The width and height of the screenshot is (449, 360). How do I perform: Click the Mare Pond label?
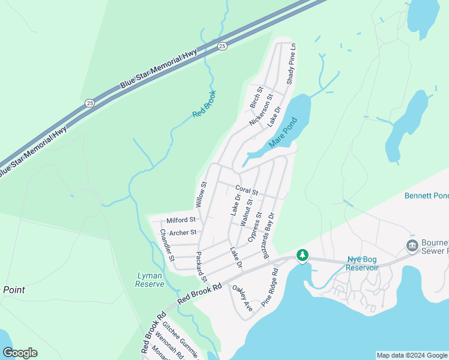[x=283, y=133]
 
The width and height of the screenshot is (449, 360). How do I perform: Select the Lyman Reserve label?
[x=150, y=280]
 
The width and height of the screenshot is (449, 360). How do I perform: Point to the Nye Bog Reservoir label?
[x=363, y=263]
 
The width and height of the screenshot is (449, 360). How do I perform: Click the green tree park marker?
[x=303, y=256]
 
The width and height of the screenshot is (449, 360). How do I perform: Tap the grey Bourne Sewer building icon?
[x=412, y=246]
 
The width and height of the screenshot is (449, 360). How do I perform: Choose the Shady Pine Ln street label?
[x=291, y=63]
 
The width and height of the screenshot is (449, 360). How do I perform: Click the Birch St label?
[x=256, y=98]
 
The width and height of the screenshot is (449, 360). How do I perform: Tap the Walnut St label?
[x=246, y=213]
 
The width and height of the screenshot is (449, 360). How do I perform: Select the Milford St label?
[x=181, y=220]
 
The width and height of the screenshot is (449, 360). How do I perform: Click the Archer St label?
[x=182, y=232]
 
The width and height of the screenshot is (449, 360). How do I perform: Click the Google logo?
[x=20, y=353]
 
